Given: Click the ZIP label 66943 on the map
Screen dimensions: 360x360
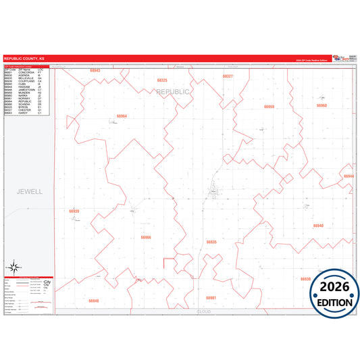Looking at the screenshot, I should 95,70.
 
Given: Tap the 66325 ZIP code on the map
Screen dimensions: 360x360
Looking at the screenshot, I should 162,80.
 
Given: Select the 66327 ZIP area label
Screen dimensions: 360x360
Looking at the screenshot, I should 228,76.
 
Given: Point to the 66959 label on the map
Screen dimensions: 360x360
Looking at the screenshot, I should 269,107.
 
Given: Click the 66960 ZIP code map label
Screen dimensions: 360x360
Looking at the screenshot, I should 321,105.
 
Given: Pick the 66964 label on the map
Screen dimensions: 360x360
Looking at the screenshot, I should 122,116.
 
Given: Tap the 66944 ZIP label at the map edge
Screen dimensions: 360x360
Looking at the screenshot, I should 349,176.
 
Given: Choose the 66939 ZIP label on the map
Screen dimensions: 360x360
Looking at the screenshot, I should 74,211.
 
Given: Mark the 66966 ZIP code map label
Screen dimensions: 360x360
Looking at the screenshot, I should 146,237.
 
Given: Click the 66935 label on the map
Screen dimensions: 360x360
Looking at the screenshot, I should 211,241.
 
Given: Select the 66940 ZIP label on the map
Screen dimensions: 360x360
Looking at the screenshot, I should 319,226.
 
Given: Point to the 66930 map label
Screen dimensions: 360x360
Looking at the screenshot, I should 305,278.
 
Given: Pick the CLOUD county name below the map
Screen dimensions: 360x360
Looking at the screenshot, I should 204,312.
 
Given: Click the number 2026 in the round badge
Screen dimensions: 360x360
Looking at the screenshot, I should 334,286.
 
